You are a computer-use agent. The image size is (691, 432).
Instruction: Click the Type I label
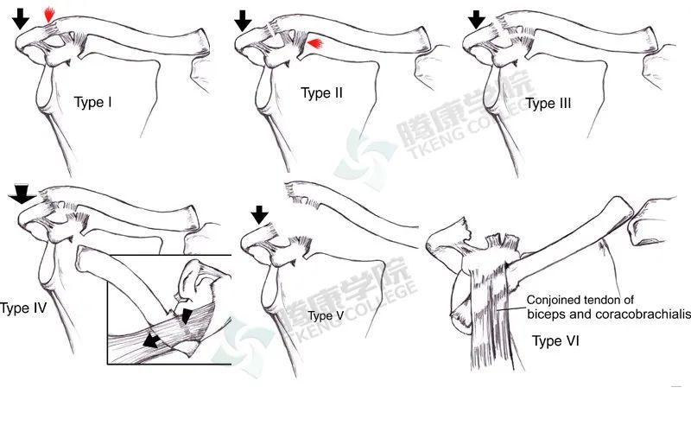[93, 103]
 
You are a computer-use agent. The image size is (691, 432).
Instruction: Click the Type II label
[321, 93]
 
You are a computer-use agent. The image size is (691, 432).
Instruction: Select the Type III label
[548, 104]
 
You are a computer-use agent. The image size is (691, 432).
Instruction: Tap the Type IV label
[23, 308]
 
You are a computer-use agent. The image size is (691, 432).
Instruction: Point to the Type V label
[326, 315]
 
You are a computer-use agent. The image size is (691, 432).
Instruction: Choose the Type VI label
[555, 340]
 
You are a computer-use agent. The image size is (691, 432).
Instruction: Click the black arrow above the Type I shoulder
[20, 19]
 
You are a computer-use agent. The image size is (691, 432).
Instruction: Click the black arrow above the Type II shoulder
[243, 21]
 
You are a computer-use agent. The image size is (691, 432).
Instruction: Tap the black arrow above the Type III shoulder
[477, 20]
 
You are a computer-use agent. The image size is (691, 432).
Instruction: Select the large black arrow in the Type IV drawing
[22, 194]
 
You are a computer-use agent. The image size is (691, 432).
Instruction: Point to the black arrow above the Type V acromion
[260, 214]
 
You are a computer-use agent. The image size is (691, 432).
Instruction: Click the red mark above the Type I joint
[49, 15]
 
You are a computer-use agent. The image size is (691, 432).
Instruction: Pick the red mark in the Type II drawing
[315, 43]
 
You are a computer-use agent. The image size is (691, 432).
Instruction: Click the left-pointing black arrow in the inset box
[151, 340]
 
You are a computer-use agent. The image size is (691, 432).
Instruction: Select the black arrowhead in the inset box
[187, 316]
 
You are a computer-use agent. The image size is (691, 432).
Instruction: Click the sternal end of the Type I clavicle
[202, 41]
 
